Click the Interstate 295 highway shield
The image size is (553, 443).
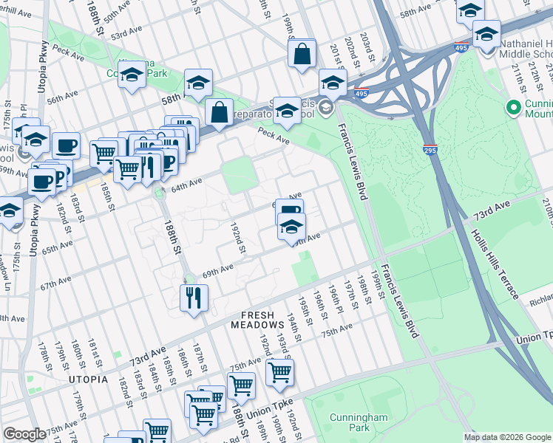[x=430, y=149]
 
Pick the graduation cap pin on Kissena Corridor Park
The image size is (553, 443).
[x=132, y=75]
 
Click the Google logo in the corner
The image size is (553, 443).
[x=24, y=434]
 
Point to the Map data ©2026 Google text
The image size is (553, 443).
[x=507, y=437]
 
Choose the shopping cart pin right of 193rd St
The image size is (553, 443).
[x=279, y=373]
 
